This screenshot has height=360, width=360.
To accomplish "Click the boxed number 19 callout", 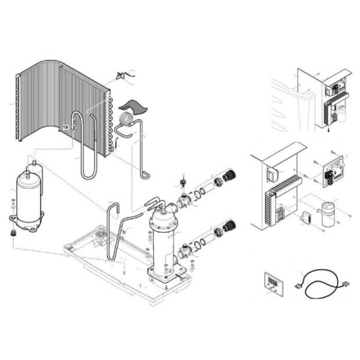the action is pos(66,127).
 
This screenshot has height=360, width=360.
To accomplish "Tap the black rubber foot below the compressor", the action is pos(13,233).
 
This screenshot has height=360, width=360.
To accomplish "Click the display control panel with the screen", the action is pos(273,283).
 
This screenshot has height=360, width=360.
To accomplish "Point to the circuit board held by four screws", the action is pos(333,172).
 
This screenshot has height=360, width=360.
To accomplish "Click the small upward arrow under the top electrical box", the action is pos(329,129).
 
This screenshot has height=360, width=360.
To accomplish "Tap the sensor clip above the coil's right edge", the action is pos(121,75).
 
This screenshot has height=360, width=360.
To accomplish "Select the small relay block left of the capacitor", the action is pos(305,217).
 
